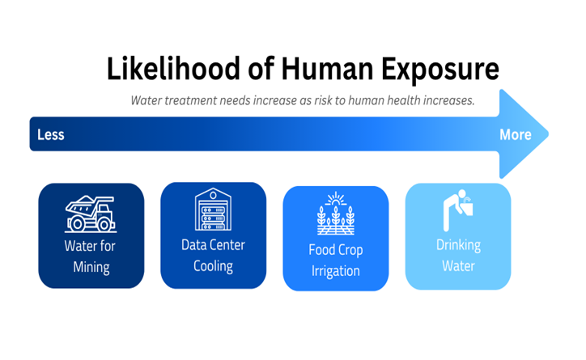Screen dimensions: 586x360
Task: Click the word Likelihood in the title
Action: coord(172,68)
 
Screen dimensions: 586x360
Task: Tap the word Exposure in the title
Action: coord(439,70)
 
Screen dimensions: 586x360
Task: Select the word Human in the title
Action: coord(327,69)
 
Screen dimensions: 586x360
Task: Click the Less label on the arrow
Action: coord(51,134)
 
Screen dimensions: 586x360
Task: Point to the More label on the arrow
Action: coord(516,134)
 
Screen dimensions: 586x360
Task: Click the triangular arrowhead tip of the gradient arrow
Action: coord(548,133)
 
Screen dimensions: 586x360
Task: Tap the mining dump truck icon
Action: coord(91,214)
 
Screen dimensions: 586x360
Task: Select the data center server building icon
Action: coord(213,210)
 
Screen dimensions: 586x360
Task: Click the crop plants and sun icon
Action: coord(336,214)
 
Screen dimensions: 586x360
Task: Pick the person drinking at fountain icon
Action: coord(457,210)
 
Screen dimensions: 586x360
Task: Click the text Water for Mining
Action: coord(90,256)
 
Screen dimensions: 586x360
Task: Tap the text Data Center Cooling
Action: coord(213,256)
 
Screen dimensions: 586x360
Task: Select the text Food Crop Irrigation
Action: coord(336,260)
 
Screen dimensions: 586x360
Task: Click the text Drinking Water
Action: coord(459,256)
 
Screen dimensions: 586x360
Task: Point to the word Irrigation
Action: coord(336,271)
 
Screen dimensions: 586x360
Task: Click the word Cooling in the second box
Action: coord(213,267)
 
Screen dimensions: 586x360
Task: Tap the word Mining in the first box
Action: coord(91,268)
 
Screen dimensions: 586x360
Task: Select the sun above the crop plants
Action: coord(336,200)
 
